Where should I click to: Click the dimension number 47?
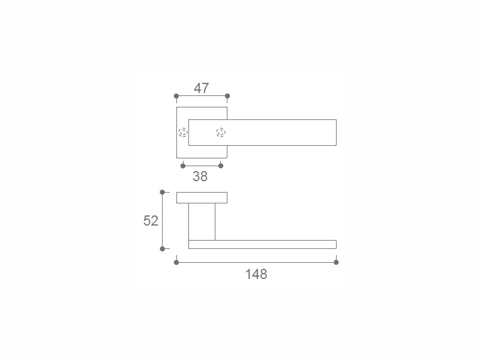202,88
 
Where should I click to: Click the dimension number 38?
200,176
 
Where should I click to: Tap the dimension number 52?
151,221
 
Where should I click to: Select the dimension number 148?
256,274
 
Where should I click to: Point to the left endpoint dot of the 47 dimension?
176,96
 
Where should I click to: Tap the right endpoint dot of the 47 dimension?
227,96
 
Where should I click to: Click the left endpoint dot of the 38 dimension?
183,166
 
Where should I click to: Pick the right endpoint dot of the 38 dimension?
221,166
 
